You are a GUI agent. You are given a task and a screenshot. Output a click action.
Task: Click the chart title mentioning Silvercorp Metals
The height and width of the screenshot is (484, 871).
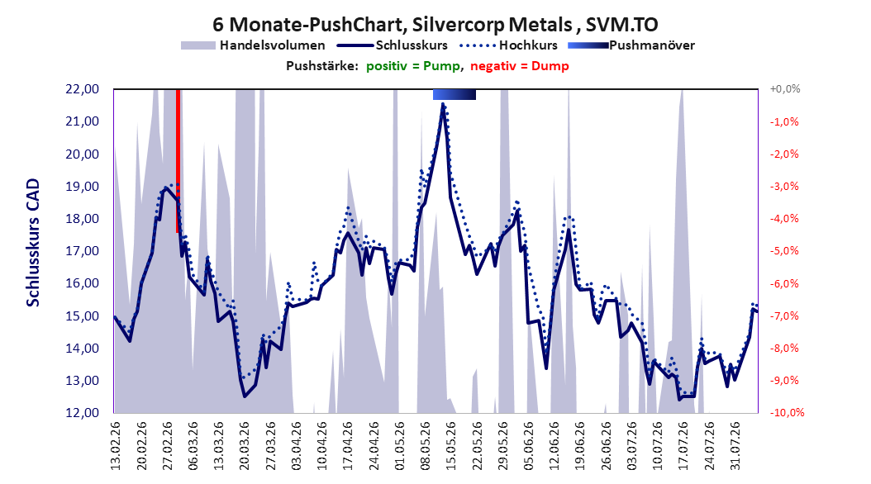pos(435,25)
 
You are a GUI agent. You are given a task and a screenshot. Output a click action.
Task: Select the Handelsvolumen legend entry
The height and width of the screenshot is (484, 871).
pos(254,45)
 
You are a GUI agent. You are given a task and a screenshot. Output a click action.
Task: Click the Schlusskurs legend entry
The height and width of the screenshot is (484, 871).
pos(393,45)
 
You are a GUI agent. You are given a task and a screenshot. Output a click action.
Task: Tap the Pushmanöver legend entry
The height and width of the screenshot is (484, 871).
pos(631,45)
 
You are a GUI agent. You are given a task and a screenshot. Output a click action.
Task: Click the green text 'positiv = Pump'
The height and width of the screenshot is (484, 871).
pos(412,66)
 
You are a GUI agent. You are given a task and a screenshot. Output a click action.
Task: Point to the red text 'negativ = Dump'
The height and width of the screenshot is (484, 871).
pos(520,66)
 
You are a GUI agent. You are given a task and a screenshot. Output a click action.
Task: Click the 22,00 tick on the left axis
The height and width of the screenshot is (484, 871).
pos(82,89)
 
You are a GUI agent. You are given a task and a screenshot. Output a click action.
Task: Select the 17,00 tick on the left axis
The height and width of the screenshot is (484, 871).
pos(82,251)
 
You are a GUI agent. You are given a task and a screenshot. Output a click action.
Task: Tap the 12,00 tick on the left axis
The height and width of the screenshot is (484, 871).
pos(82,413)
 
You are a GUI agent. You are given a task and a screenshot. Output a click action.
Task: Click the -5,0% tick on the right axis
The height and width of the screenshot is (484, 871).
pos(784,251)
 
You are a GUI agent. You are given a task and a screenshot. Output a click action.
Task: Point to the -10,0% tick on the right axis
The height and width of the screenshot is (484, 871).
pos(787,413)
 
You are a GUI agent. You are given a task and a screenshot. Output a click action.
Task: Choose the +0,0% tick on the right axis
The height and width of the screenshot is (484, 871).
pos(785,89)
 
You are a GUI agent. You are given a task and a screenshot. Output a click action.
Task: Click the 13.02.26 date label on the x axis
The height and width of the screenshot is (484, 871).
pos(116,446)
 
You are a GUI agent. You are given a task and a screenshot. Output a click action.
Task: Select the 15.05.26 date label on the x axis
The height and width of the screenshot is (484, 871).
pos(450,446)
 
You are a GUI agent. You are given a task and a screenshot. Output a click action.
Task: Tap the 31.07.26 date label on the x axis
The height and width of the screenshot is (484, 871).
pos(735,446)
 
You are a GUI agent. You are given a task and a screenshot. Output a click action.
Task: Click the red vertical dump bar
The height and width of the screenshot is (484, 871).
pos(178,161)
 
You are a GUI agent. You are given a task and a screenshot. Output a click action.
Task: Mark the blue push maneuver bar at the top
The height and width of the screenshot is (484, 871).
pos(455,94)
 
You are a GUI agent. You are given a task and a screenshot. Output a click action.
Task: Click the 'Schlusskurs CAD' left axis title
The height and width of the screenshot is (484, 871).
pos(33,243)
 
